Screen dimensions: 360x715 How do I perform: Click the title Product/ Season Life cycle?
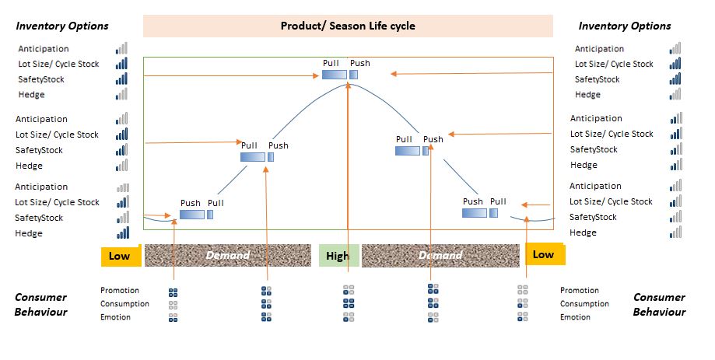coord(348,26)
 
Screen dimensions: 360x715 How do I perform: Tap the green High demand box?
coord(337,256)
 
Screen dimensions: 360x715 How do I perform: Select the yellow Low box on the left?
coord(120,257)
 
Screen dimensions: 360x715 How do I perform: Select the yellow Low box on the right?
coord(544,254)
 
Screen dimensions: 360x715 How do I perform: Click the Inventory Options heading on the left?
coord(62,26)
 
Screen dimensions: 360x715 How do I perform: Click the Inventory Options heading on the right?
coord(624,26)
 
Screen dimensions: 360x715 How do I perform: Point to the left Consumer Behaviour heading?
coord(40,304)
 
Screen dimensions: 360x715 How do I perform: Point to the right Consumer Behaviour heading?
coord(659,304)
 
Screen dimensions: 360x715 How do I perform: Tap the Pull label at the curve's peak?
coord(331,63)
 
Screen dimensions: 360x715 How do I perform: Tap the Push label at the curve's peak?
coord(359,63)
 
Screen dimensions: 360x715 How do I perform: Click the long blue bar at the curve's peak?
coord(335,75)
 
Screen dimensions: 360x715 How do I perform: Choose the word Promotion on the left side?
coord(120,291)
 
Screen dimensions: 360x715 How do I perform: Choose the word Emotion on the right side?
coord(575,317)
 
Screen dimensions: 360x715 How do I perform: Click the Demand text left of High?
coord(228,255)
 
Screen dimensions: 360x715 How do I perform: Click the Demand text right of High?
coord(440,255)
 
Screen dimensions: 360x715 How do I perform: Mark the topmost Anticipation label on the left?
coord(43,49)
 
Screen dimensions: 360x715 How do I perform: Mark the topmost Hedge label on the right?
coord(588,95)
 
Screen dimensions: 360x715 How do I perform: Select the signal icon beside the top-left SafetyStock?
coord(121,79)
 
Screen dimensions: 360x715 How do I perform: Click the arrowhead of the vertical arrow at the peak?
coord(348,83)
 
